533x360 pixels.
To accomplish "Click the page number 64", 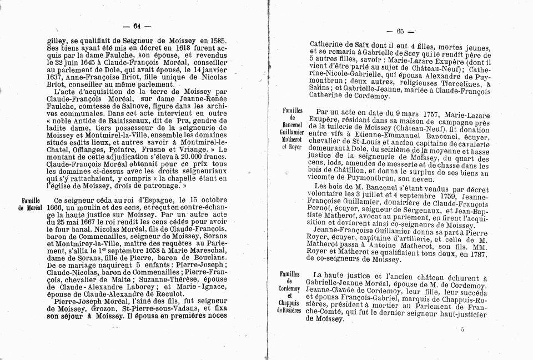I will (136, 26).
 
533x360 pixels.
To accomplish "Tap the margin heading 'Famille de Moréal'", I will (32, 203).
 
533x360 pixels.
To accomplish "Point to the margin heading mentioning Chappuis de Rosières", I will (289, 292).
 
